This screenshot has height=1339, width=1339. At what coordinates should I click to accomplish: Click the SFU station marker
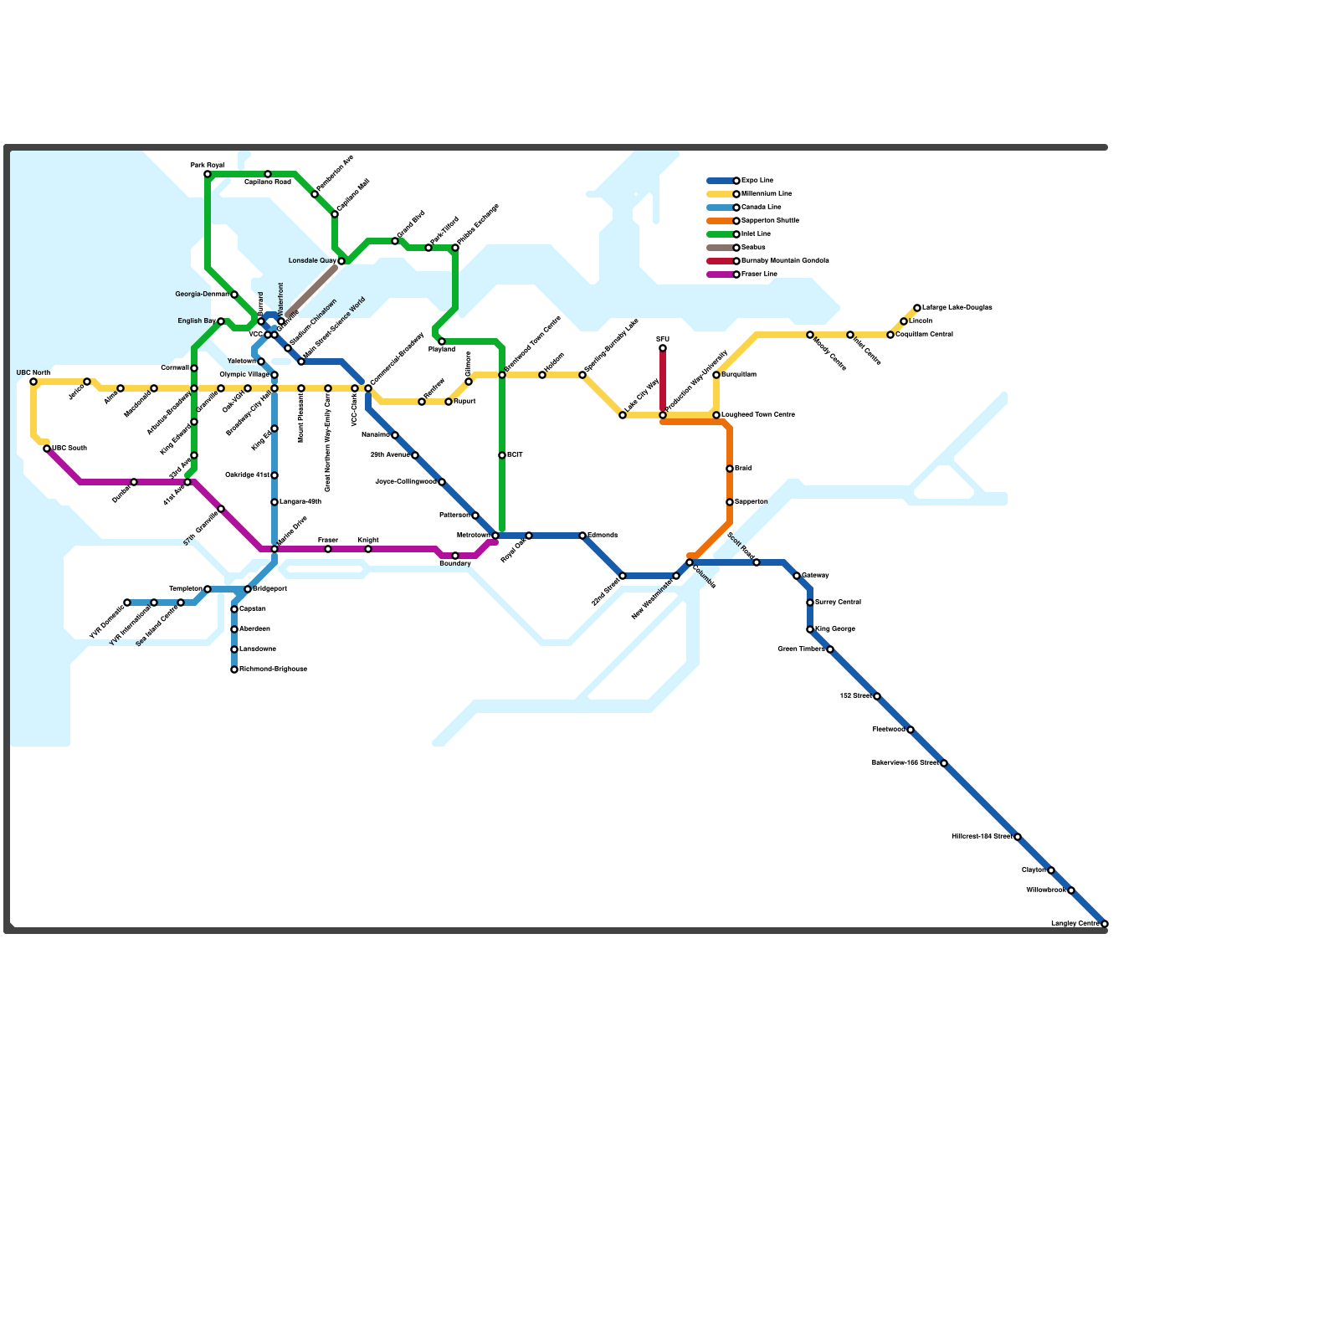coord(663,348)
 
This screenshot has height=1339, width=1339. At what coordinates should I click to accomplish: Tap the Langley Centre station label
coord(1075,923)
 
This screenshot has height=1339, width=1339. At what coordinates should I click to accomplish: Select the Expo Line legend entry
coord(757,181)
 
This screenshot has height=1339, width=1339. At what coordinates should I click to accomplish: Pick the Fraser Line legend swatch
coord(720,274)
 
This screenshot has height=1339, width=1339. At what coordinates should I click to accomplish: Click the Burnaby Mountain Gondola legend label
coord(785,261)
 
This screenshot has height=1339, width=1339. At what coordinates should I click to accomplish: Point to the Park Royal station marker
coord(208,174)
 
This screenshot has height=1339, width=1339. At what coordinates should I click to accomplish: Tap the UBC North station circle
coord(33,382)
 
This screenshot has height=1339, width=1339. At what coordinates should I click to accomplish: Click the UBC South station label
coord(69,449)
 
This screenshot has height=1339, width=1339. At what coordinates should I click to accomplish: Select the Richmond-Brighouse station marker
coord(234,669)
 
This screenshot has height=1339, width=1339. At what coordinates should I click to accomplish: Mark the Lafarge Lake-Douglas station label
coord(957,308)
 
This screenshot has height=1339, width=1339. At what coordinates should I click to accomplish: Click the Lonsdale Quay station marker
coord(341,261)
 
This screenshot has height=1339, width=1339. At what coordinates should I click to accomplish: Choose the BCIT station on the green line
coord(502,455)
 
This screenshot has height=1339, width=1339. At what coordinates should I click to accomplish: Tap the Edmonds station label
coord(603,536)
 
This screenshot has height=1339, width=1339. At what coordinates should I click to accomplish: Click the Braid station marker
coord(730,469)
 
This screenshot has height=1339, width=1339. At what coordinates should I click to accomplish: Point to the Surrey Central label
coord(838,603)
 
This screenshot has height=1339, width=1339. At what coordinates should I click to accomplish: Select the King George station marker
coord(810,629)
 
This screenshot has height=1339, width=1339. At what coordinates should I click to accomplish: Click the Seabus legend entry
coord(753,248)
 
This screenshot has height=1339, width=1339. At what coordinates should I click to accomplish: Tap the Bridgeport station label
coord(270,589)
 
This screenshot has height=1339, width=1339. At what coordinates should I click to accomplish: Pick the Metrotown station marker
coord(495,536)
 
